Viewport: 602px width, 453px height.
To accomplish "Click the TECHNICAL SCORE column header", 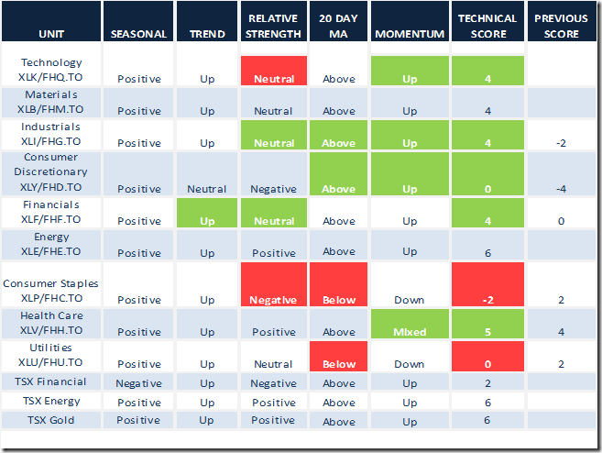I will point(481,27).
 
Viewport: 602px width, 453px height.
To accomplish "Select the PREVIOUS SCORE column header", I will point(561,27).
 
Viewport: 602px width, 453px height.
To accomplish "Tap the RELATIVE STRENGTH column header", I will point(273,27).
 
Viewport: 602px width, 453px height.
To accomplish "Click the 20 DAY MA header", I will point(338,27).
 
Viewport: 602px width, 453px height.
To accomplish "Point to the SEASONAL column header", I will point(138,34).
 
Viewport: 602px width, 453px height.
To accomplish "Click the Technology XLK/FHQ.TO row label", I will point(51,71).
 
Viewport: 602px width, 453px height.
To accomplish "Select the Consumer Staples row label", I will point(51,291).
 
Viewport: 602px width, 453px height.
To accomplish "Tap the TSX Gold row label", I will point(51,420).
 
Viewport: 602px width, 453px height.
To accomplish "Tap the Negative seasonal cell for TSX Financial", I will point(138,383).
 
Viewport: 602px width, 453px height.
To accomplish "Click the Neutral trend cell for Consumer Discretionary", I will point(207,189).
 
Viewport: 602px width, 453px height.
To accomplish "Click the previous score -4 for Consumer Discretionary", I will point(561,189).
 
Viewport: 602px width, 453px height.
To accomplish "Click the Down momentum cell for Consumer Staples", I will point(410,300).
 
